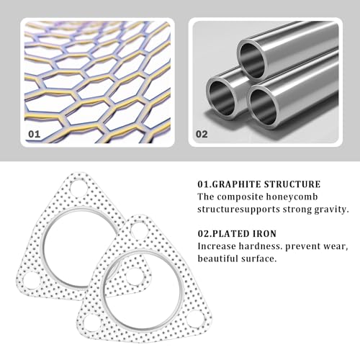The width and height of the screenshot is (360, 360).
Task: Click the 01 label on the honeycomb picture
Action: click(x=34, y=134)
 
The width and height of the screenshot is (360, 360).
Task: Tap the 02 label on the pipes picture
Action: click(x=202, y=134)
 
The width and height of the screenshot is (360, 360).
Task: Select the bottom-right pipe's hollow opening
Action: click(x=263, y=107)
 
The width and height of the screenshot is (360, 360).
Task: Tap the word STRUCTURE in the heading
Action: click(x=292, y=184)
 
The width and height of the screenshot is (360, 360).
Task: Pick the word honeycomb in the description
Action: click(x=292, y=197)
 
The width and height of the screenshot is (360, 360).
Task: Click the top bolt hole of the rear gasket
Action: click(x=78, y=188)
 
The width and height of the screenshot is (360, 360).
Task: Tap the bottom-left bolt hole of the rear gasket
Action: click(x=30, y=280)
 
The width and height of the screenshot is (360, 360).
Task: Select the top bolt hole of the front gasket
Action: click(x=139, y=230)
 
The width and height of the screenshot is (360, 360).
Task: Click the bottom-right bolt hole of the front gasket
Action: click(x=196, y=319)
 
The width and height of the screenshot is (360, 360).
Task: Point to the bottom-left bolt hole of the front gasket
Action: click(x=91, y=323)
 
